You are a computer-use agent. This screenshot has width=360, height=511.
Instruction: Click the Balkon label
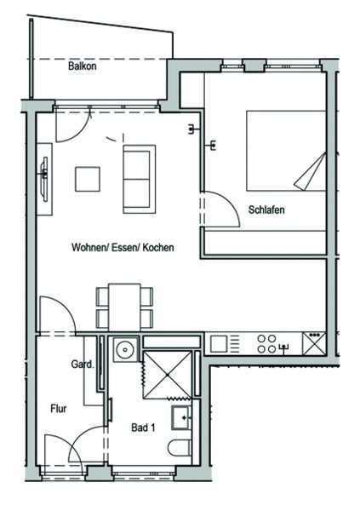(82, 66)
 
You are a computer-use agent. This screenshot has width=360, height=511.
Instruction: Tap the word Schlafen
(266, 210)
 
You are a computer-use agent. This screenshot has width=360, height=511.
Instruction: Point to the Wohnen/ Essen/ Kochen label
(123, 247)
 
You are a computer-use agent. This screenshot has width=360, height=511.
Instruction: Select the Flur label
(59, 408)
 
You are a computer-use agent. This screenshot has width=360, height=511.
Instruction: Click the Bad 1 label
(143, 428)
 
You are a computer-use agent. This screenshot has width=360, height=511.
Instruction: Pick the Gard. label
(83, 364)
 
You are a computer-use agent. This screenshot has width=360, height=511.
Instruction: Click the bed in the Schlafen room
(286, 151)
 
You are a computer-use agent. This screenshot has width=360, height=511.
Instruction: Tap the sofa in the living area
(139, 179)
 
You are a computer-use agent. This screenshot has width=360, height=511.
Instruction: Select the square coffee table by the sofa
(88, 179)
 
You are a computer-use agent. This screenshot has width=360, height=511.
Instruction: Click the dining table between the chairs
(124, 307)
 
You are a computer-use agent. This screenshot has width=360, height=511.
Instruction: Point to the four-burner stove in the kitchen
(267, 344)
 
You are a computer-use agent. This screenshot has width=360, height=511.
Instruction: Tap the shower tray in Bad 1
(168, 375)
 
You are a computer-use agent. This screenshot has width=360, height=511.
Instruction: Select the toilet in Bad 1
(180, 448)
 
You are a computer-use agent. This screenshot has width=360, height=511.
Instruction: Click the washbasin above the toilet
(181, 417)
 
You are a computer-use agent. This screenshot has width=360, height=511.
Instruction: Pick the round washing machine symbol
(125, 350)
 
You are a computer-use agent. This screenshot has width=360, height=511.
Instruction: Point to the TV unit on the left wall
(44, 179)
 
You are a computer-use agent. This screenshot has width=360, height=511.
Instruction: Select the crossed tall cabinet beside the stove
(314, 343)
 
